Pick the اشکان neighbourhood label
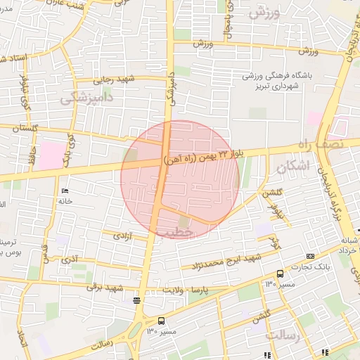[292, 167]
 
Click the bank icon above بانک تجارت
[311, 256]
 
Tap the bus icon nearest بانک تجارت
[280, 273]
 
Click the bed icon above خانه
[65, 191]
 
